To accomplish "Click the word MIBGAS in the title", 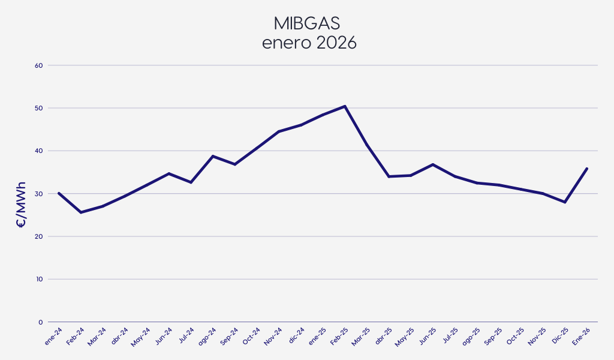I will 306,23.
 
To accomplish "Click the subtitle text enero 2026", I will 306,43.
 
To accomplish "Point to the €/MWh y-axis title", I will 20,204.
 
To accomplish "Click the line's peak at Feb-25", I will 345,106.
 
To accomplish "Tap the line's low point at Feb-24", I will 80,212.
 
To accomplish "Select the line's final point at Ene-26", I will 587,169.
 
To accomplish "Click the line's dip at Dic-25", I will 565,202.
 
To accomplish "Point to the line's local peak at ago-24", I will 213,156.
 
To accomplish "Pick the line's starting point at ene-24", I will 59,193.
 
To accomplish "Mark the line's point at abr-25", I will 389,176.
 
